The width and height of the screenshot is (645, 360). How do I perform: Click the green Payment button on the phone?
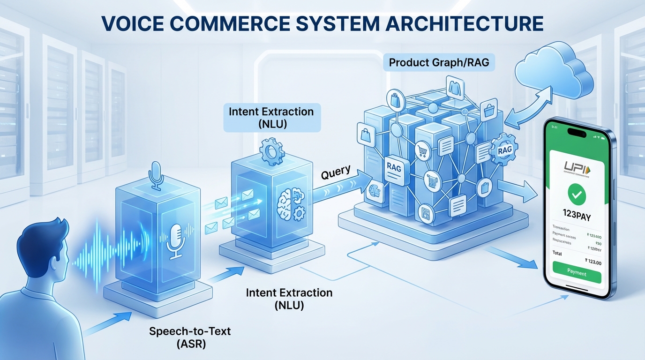(x=577, y=272)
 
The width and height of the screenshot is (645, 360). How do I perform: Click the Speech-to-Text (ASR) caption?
(x=190, y=337)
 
